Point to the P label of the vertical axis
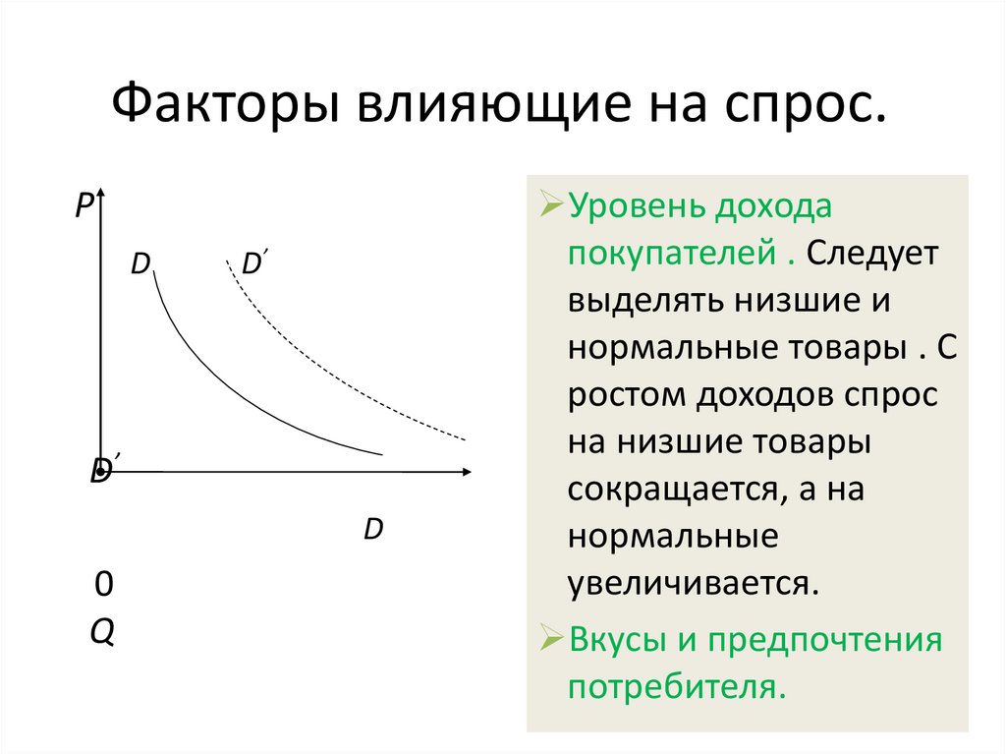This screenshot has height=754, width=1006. pyautogui.click(x=83, y=204)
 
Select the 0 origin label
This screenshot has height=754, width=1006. pyautogui.click(x=103, y=586)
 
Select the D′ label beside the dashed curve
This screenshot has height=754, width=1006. pyautogui.click(x=257, y=263)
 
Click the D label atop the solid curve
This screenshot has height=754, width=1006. pyautogui.click(x=140, y=264)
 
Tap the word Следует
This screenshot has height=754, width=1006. pyautogui.click(x=875, y=254)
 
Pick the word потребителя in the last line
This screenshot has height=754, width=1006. pyautogui.click(x=677, y=685)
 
